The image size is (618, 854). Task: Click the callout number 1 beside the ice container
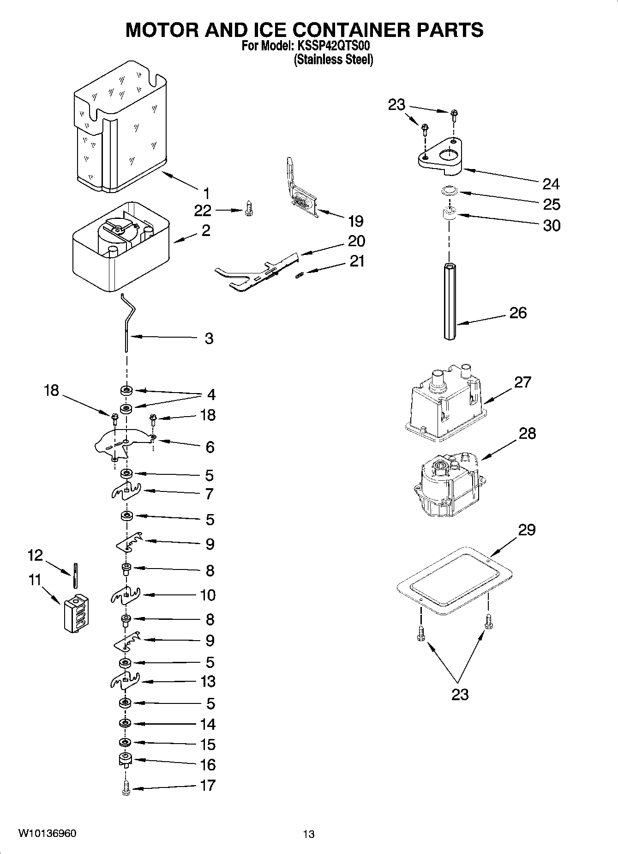click(206, 193)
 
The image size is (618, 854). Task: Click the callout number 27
click(522, 382)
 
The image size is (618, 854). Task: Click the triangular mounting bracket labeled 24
click(440, 157)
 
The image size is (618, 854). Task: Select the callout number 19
click(355, 221)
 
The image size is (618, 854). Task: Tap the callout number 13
click(208, 681)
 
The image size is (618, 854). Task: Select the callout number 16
click(208, 765)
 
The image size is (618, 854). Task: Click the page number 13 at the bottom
click(308, 834)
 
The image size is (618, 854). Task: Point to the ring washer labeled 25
click(448, 190)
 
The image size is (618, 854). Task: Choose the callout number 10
click(208, 595)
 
